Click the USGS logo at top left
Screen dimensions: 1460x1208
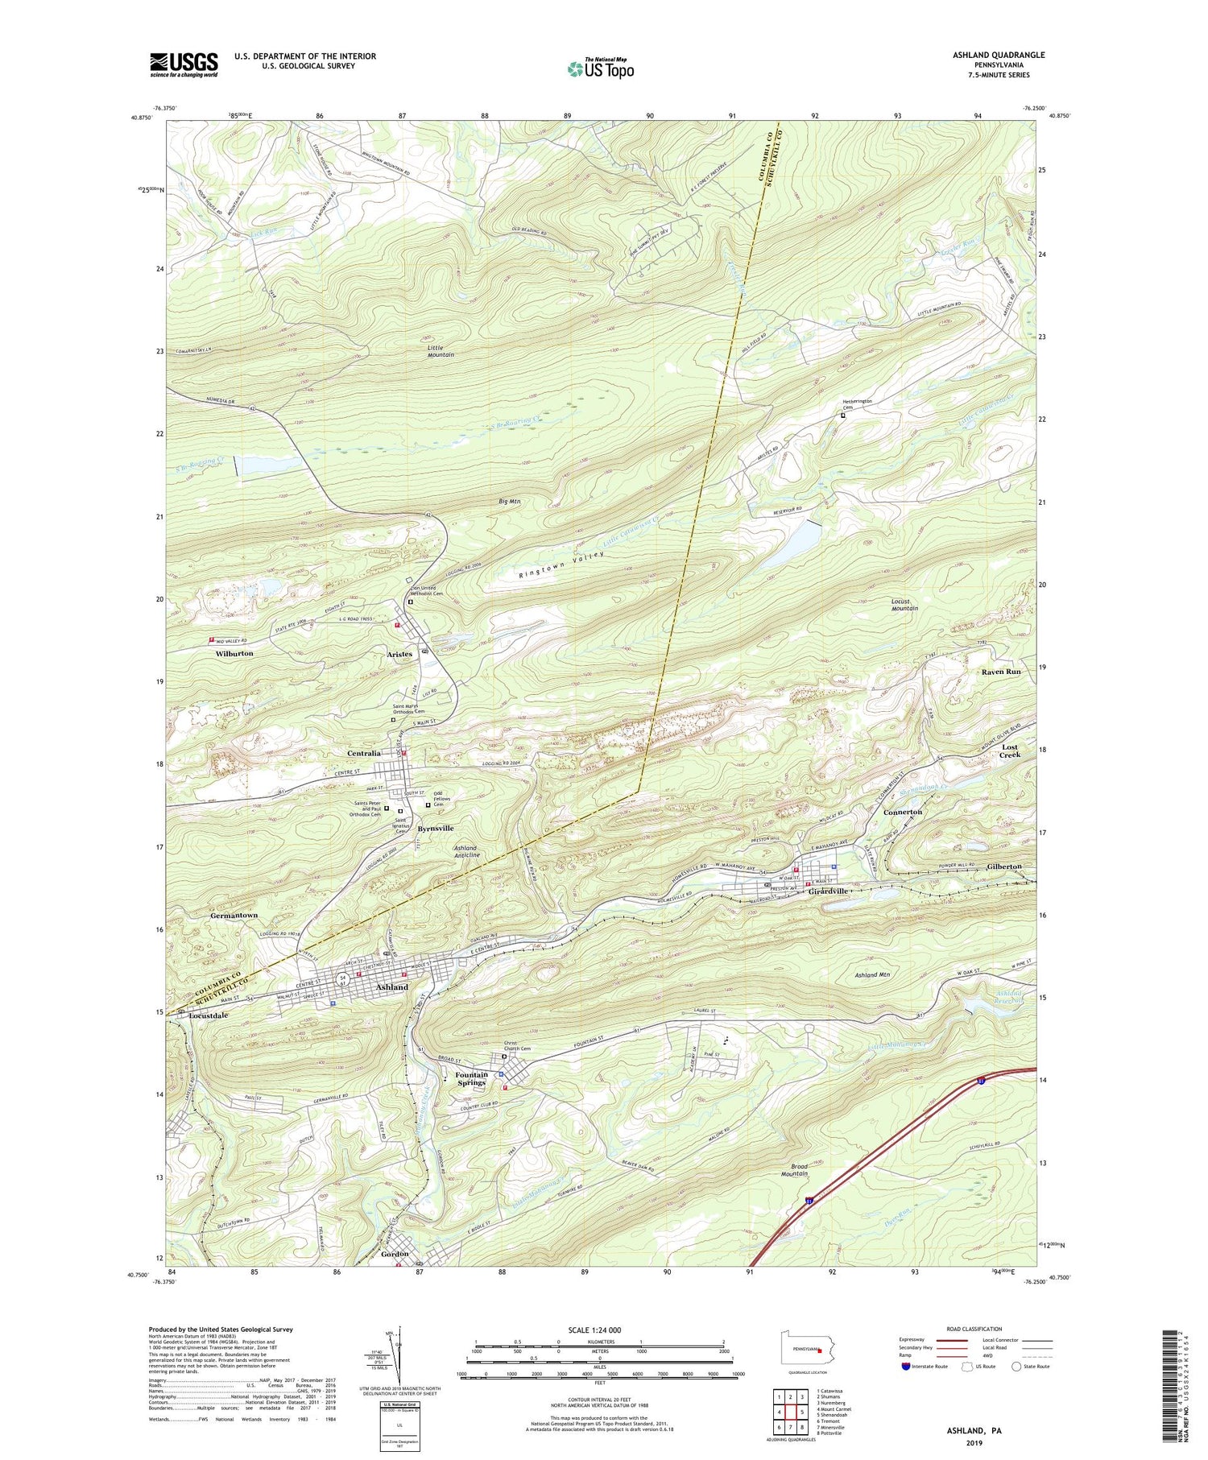pos(184,64)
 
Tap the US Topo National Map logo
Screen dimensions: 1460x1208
pos(600,68)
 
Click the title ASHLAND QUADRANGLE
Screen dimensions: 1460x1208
pos(998,55)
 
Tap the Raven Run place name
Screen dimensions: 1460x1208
pos(1001,672)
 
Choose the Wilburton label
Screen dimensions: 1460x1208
pos(234,653)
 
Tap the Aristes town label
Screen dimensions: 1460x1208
pos(399,654)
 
